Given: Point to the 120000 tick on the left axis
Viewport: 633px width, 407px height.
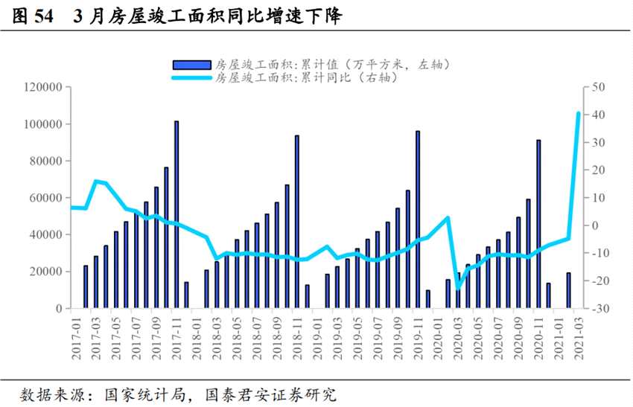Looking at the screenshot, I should [43, 87].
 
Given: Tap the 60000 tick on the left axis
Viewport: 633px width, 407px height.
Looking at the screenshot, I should [46, 198].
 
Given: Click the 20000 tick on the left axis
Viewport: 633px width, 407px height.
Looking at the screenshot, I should [46, 272].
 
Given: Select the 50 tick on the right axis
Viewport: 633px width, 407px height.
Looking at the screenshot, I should [599, 87].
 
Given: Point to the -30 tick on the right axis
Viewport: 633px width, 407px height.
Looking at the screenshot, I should [600, 308].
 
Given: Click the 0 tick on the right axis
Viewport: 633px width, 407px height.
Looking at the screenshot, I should [596, 225].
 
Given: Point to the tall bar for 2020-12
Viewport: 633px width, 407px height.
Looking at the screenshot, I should [538, 224].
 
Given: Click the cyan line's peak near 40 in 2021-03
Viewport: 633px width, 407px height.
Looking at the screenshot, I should [578, 114].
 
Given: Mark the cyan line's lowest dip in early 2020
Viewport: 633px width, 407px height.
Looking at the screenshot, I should [457, 288].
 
